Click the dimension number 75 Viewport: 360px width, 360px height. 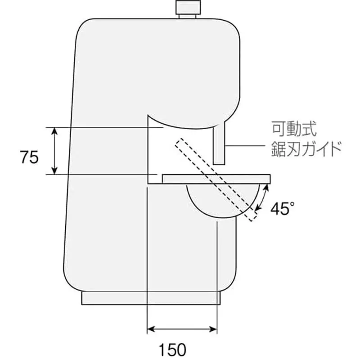pyautogui.click(x=29, y=157)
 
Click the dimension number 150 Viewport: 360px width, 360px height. pyautogui.click(x=173, y=350)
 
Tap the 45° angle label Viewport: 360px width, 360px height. pyautogui.click(x=283, y=208)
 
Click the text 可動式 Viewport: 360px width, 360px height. pyautogui.click(x=294, y=129)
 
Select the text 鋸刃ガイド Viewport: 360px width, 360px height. pyautogui.click(x=306, y=149)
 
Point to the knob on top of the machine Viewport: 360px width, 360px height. pyautogui.click(x=188, y=9)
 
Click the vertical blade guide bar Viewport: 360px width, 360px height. pyautogui.click(x=219, y=144)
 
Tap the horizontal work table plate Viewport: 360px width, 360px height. pyautogui.click(x=216, y=179)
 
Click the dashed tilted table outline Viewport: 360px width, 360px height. pyautogui.click(x=216, y=180)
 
